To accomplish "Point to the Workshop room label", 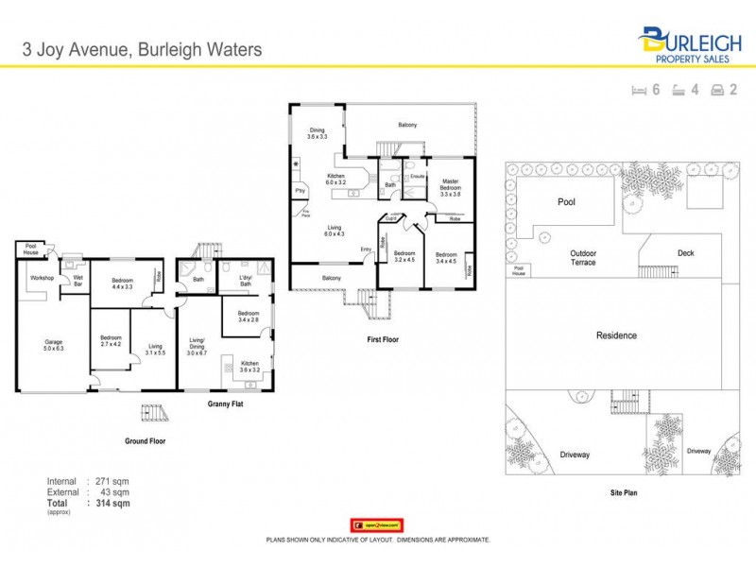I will (42, 278).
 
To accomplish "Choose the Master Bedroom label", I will (450, 185).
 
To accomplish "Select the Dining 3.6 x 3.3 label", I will (317, 134).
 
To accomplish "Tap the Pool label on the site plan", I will (566, 202).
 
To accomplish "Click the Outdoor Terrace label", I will (583, 257).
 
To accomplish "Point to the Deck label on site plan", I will (686, 252).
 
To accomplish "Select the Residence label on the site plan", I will (616, 335).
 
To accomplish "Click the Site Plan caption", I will (620, 494).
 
